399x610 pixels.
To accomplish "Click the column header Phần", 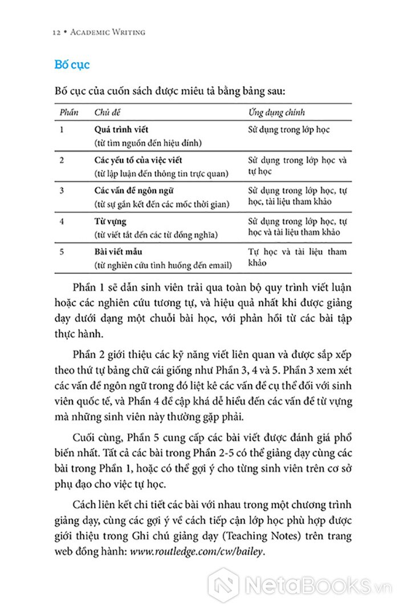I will (x=69, y=112).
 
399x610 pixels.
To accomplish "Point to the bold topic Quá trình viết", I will (x=121, y=130).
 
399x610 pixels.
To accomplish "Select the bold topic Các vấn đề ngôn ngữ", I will (x=134, y=190).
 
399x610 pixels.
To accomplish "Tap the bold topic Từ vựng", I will (x=110, y=220).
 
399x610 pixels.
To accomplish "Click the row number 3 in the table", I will (x=62, y=190).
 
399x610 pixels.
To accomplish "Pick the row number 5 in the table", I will (x=62, y=251).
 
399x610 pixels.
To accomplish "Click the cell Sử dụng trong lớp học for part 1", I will (x=289, y=130).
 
